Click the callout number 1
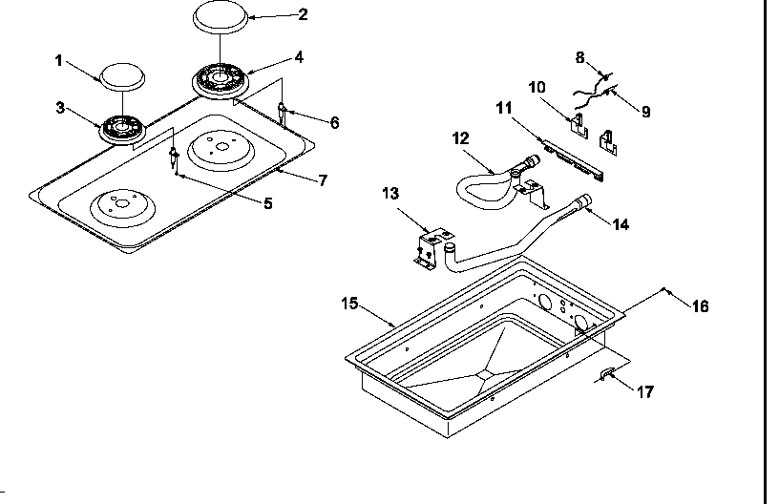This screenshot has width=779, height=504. [x=58, y=60]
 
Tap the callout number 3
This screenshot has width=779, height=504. [x=60, y=108]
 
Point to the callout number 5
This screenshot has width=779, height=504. [x=267, y=202]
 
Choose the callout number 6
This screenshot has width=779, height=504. [x=334, y=122]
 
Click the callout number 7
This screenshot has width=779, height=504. [x=323, y=179]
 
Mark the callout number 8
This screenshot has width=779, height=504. [x=579, y=57]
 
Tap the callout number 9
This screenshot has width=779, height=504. [x=645, y=112]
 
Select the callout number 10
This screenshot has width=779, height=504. [x=537, y=88]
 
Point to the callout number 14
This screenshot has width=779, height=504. [x=621, y=224]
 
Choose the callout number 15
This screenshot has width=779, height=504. [x=349, y=303]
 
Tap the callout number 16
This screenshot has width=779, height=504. [x=700, y=305]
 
